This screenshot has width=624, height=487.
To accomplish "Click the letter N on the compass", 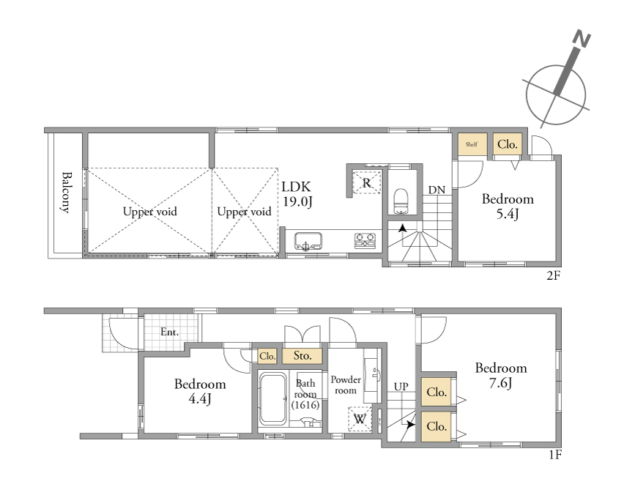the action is [x=582, y=40].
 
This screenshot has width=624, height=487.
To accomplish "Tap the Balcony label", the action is [x=67, y=193].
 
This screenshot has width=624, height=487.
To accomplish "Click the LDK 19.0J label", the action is [x=297, y=194].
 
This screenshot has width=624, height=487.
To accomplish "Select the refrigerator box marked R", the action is [x=366, y=182].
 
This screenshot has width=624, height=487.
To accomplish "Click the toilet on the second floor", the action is [x=401, y=201].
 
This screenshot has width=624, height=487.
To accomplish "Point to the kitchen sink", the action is [x=308, y=242].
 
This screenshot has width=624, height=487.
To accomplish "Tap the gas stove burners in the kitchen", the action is [x=365, y=241].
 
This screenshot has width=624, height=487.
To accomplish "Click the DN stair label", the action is [x=437, y=190].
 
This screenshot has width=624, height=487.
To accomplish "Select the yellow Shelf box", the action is [x=472, y=144].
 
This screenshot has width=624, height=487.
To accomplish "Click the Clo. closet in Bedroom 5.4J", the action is [x=508, y=144].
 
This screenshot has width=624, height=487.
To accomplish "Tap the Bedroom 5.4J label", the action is [x=508, y=206].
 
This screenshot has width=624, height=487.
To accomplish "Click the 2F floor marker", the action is [x=553, y=275].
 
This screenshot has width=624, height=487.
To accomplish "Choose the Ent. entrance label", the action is [x=169, y=332].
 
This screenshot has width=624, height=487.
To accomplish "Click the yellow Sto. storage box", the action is [x=302, y=356].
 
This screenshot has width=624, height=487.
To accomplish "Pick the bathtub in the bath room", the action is [x=272, y=398].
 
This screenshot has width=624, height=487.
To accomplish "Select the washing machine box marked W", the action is [x=360, y=419].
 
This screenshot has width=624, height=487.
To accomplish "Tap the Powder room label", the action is [x=346, y=385].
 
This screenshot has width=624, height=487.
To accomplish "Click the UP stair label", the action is [x=401, y=387].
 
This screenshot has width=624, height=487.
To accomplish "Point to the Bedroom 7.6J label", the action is [x=501, y=375].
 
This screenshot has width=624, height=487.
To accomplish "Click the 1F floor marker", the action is [x=555, y=454].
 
